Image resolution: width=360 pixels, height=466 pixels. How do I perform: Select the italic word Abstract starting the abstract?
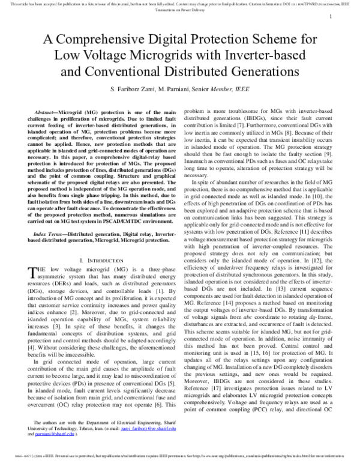(x=47, y=113)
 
